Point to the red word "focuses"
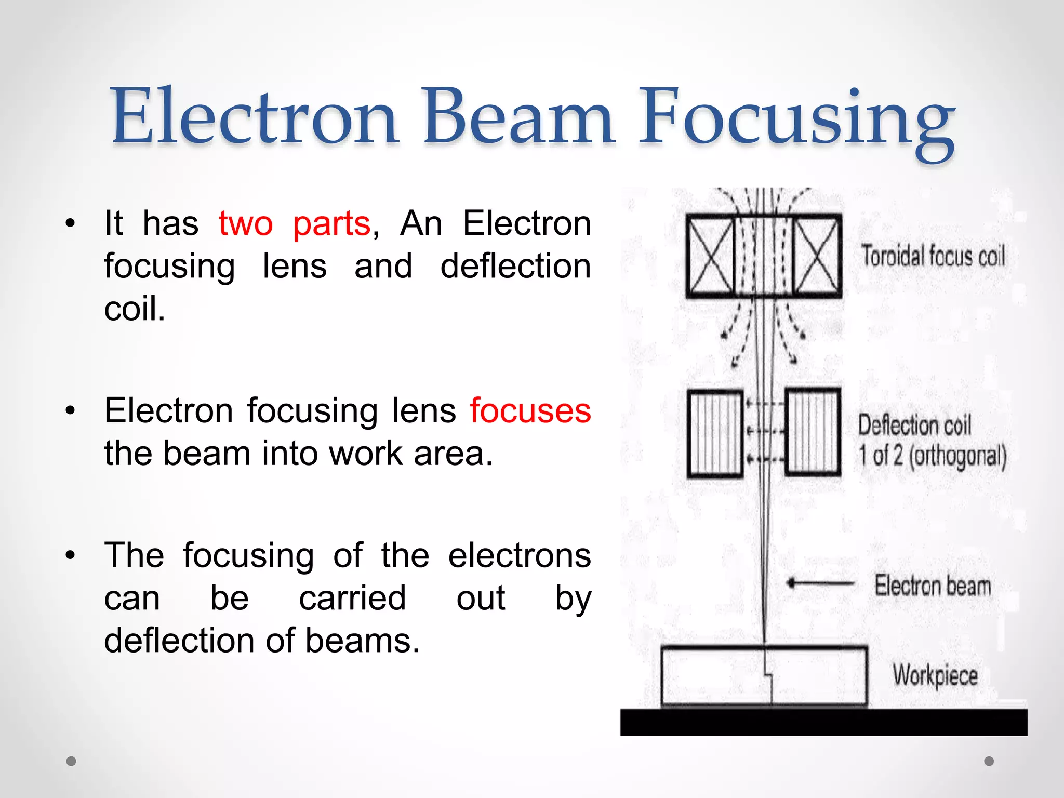click(x=530, y=411)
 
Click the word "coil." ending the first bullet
click(x=135, y=309)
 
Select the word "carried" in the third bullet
click(x=352, y=598)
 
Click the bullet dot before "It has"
click(x=71, y=224)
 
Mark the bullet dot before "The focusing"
click(x=71, y=555)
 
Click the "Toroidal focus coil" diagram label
click(x=933, y=257)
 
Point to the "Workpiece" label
click(x=935, y=675)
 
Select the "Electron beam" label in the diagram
click(x=933, y=586)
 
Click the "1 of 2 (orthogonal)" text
click(x=932, y=456)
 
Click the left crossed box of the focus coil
click(x=710, y=256)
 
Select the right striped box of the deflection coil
click(x=813, y=432)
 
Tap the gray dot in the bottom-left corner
click(x=71, y=761)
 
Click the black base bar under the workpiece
click(x=823, y=722)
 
